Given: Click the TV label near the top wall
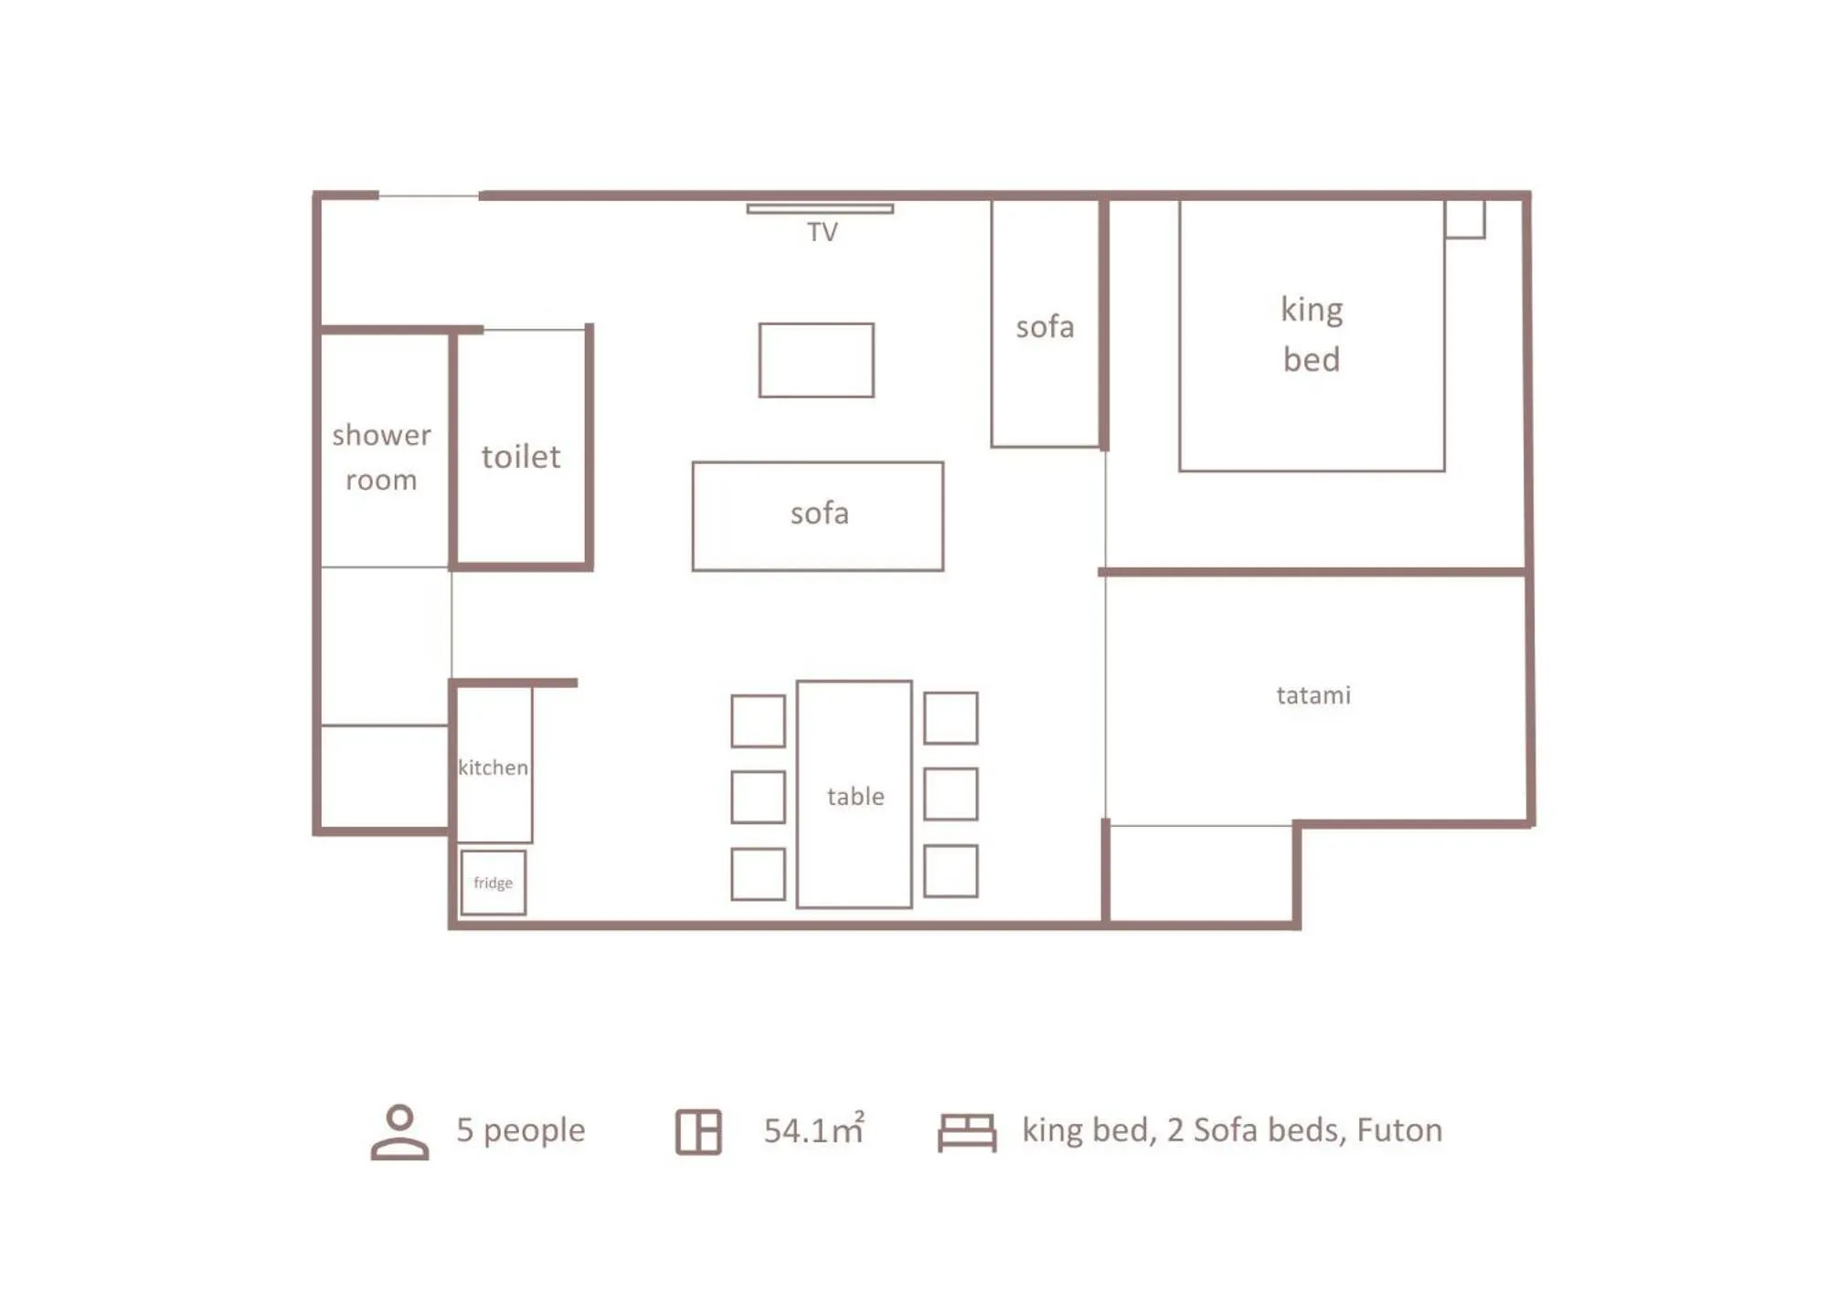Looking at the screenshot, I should coord(822,232).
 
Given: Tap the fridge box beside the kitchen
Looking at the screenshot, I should coord(493,882).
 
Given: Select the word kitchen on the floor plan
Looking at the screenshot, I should coord(493,768).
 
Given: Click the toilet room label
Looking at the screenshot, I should coord(521,456).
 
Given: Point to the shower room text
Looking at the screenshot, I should coord(381,457).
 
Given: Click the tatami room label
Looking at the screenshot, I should coord(1312,695).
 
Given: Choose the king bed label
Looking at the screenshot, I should coord(1311,334).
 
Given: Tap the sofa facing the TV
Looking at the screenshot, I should coord(818,515).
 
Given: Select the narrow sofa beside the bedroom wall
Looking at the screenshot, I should coord(1045,326).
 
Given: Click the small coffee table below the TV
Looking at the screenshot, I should coord(815,360).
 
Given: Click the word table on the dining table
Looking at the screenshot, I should coord(855,797).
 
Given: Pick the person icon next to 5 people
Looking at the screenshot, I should coord(399,1131).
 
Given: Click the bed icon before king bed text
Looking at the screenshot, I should coord(966,1131).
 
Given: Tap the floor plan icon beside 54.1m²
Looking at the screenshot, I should coord(698,1131).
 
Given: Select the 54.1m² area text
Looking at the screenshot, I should coord(813,1130).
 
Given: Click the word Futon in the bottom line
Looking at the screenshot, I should coord(1398,1130).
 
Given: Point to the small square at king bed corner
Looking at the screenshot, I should coord(1464,219).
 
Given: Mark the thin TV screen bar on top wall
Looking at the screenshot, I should coord(819,208).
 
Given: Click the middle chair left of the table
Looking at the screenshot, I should coord(758,797).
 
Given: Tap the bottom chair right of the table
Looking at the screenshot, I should coord(950,871).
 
